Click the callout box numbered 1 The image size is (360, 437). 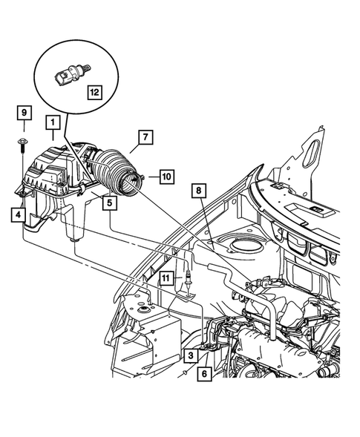point(52,121)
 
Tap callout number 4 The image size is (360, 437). point(16,215)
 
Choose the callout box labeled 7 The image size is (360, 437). point(145,138)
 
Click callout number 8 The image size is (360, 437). point(198,191)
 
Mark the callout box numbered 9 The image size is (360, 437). point(24,113)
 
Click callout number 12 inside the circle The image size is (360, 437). point(94,92)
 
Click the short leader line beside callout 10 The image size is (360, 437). point(151,177)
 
